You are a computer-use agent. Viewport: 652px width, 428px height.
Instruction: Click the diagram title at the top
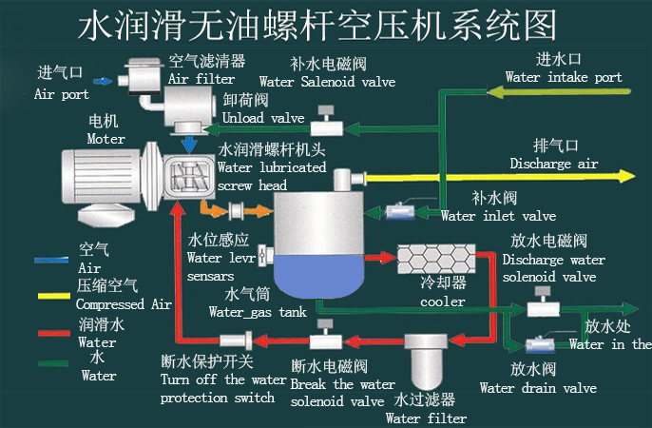[316, 25]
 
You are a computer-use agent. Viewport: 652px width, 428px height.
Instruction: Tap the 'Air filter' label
[201, 79]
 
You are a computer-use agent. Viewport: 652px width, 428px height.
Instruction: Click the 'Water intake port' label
[564, 77]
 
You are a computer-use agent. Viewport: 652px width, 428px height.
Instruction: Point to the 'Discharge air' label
[553, 164]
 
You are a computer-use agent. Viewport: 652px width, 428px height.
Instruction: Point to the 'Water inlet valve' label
[499, 216]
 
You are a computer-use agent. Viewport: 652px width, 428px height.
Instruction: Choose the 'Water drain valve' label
[538, 388]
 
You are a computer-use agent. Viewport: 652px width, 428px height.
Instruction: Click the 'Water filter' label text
[426, 418]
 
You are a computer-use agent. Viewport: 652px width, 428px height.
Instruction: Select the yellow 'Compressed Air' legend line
[54, 296]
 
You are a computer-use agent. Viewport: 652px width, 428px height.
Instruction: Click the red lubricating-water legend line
[54, 333]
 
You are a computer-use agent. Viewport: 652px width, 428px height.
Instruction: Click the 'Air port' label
[62, 94]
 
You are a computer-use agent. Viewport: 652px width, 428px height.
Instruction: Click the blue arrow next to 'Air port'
[102, 82]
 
